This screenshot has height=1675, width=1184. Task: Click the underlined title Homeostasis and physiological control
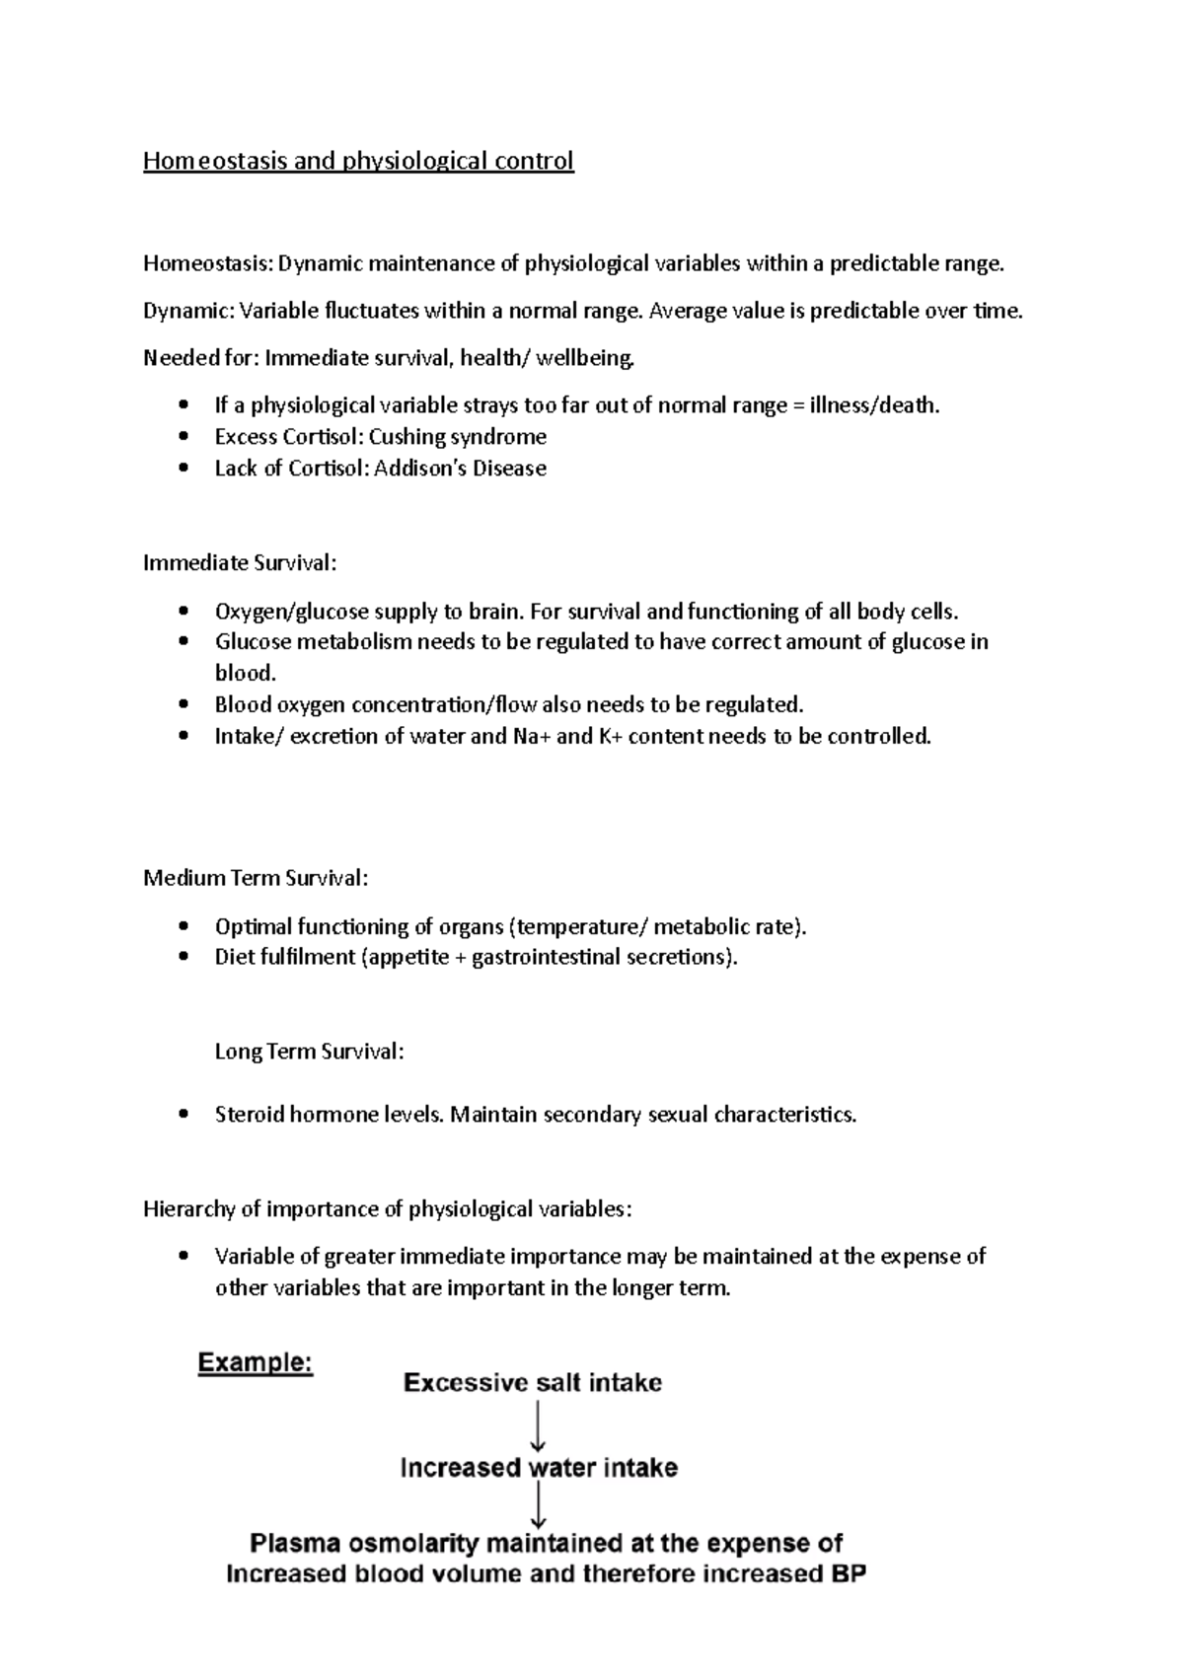pyautogui.click(x=358, y=161)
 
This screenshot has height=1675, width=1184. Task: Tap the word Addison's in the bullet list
pyautogui.click(x=420, y=469)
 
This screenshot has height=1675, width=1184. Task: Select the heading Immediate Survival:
pyautogui.click(x=240, y=563)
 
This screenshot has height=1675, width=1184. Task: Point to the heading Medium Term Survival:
pyautogui.click(x=256, y=878)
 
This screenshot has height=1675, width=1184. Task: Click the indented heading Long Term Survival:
pyautogui.click(x=309, y=1052)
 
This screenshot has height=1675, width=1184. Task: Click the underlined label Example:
pyautogui.click(x=256, y=1363)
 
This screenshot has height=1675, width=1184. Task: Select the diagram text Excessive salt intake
pyautogui.click(x=533, y=1383)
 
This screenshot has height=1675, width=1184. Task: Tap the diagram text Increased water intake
pyautogui.click(x=539, y=1468)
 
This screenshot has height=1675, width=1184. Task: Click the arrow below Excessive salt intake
pyautogui.click(x=539, y=1426)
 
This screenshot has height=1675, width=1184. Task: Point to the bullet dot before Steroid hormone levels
pyautogui.click(x=183, y=1115)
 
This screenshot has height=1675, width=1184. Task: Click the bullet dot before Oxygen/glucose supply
pyautogui.click(x=183, y=612)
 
